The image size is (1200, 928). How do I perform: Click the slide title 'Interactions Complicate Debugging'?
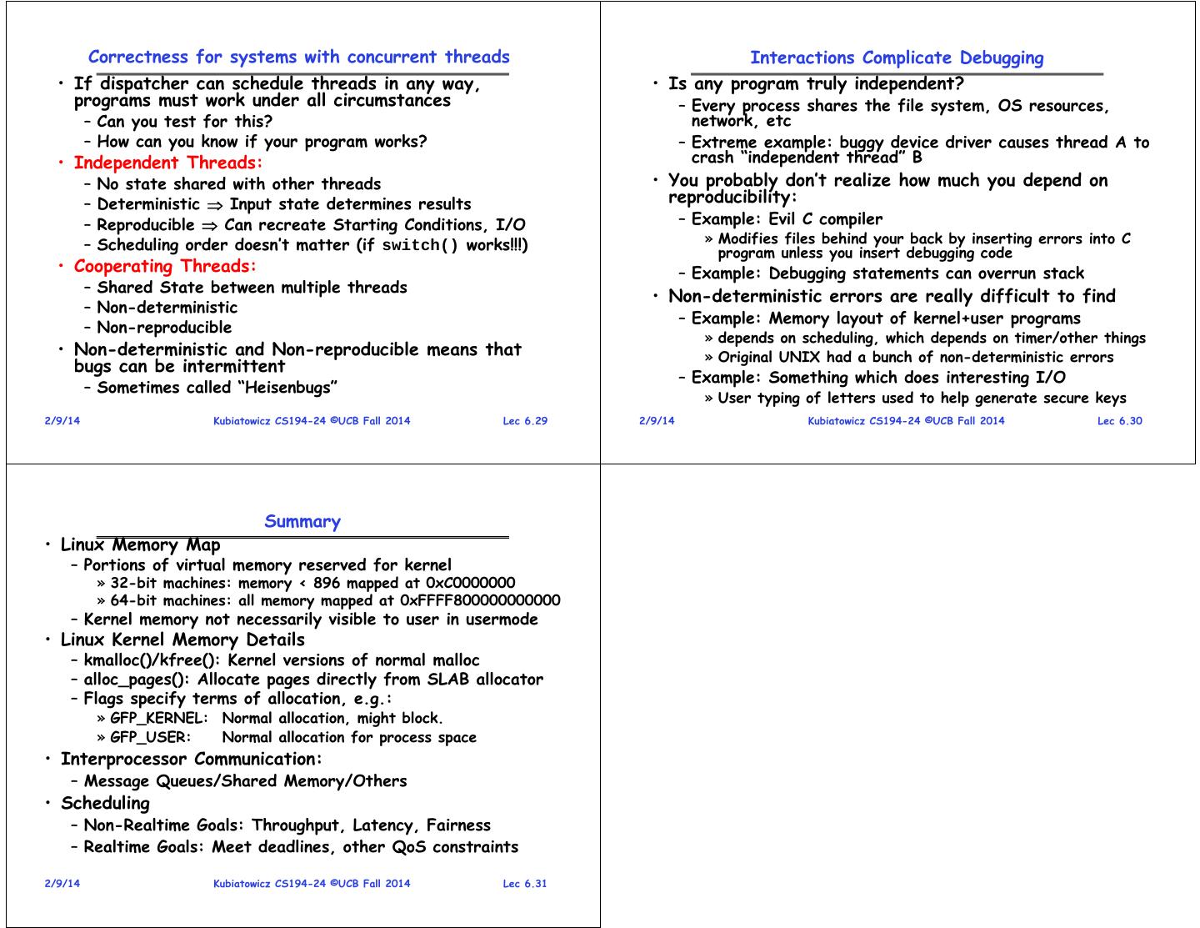coord(897,58)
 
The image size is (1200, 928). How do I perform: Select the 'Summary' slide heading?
coord(302,522)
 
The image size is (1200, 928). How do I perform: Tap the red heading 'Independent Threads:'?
coord(168,163)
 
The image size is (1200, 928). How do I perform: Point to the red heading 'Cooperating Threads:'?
coord(165,266)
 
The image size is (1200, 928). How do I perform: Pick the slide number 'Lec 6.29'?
coord(525,420)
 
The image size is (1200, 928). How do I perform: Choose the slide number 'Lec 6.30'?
coord(1119,420)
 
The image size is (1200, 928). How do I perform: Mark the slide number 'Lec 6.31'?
coord(525,884)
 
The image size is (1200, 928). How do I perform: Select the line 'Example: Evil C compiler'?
coord(787,219)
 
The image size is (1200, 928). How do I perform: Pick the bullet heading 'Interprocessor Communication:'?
coord(192,759)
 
